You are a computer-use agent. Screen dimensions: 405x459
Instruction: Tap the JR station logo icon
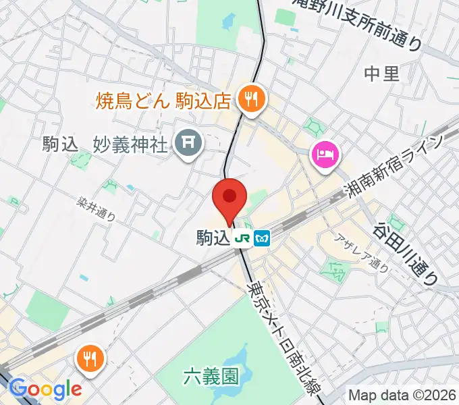point(242,238)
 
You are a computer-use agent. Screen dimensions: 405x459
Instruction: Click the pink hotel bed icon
point(325,155)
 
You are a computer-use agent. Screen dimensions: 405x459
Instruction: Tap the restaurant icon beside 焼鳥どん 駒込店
point(252,101)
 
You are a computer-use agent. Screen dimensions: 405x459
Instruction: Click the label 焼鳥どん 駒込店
point(164,101)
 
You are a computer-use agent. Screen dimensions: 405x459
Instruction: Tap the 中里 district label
point(381,74)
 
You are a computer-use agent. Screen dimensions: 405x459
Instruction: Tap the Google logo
point(45,389)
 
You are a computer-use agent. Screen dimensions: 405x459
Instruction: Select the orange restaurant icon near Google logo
point(89,358)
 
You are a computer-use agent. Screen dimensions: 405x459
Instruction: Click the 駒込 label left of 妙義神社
point(65,143)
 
